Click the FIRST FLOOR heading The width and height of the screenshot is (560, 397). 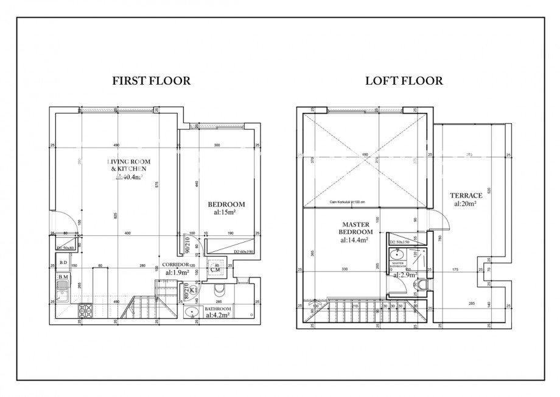(x=152, y=80)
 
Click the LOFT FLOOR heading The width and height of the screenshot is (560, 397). (x=404, y=80)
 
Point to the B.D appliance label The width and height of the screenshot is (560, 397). (x=63, y=263)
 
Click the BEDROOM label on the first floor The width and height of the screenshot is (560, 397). (x=226, y=204)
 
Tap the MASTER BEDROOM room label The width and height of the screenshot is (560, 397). (x=355, y=228)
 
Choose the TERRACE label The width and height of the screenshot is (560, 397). (x=466, y=196)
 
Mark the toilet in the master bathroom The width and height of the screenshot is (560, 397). (x=423, y=285)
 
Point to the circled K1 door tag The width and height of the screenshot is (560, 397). (x=194, y=290)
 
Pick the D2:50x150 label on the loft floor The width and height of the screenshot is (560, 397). (x=401, y=242)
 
